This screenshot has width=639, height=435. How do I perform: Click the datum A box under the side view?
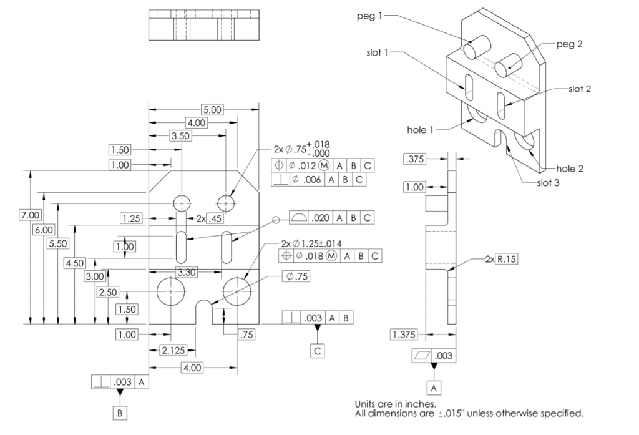pos(435,388)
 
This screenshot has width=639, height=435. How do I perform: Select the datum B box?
pos(119,413)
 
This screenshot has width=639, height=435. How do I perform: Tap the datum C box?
pos(318,350)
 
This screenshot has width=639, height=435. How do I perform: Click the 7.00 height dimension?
pos(30,215)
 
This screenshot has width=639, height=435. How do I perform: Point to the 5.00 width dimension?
pos(213,109)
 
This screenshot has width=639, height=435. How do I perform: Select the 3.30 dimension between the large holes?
pos(184,273)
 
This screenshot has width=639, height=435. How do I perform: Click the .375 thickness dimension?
pos(414,159)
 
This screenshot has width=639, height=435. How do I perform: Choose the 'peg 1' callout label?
pos(369,16)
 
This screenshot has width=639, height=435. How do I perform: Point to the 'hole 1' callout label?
pos(420,130)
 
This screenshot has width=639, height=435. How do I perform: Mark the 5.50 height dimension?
pos(58,243)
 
